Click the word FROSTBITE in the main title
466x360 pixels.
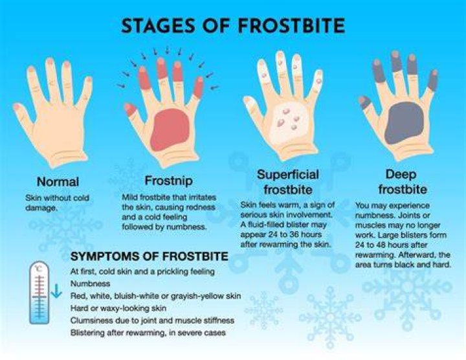291,25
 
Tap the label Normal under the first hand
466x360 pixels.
58,182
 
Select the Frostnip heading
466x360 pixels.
169,181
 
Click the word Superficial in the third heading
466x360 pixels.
287,174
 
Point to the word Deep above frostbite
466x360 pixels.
401,174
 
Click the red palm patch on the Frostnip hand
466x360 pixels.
170,129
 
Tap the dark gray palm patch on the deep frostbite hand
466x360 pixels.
404,123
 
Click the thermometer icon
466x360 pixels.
39,293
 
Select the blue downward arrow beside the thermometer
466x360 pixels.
56,291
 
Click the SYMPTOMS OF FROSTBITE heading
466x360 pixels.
150,256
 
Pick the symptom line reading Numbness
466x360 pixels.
91,284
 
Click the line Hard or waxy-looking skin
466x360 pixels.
118,308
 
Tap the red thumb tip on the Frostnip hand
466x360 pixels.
130,109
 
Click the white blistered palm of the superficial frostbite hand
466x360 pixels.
288,122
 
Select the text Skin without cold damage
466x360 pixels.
57,203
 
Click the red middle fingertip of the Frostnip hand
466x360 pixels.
162,69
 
